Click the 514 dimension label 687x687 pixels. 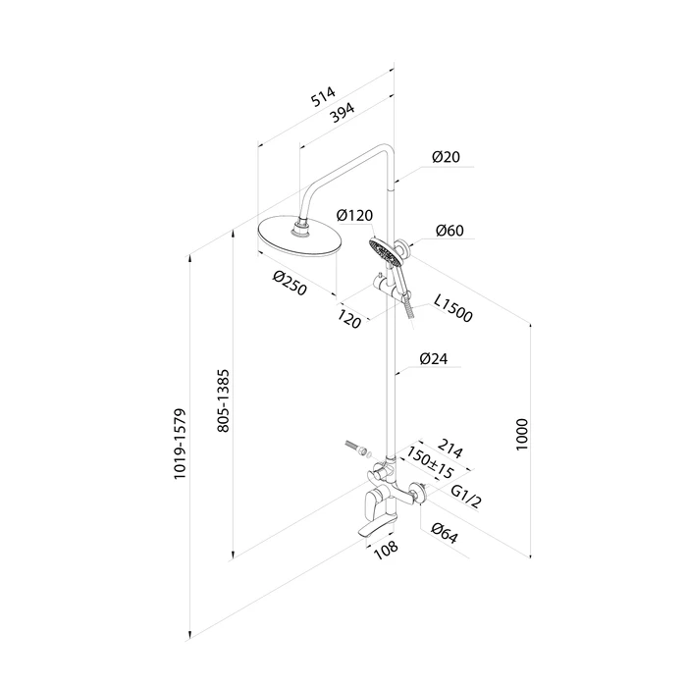(322, 98)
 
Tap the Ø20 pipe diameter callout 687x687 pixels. (446, 157)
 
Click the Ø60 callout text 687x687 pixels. (449, 232)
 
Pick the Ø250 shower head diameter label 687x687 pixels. (292, 285)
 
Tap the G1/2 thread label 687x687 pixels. (465, 500)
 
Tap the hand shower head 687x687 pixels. (381, 249)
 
